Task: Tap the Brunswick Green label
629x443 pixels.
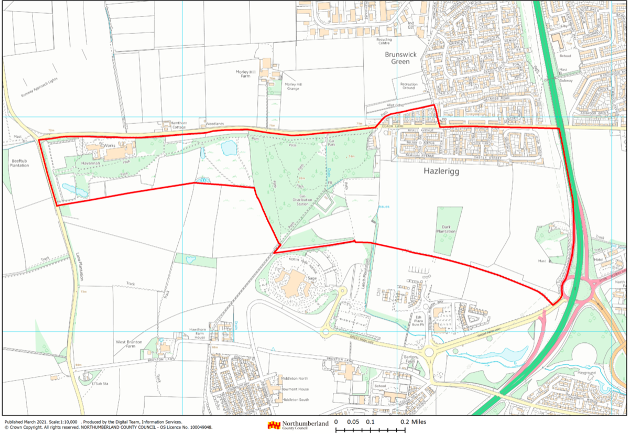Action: (401, 58)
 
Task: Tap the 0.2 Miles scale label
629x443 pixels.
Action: (414, 422)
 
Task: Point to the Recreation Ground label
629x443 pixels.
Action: (408, 86)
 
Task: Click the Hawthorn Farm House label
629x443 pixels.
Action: (199, 332)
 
